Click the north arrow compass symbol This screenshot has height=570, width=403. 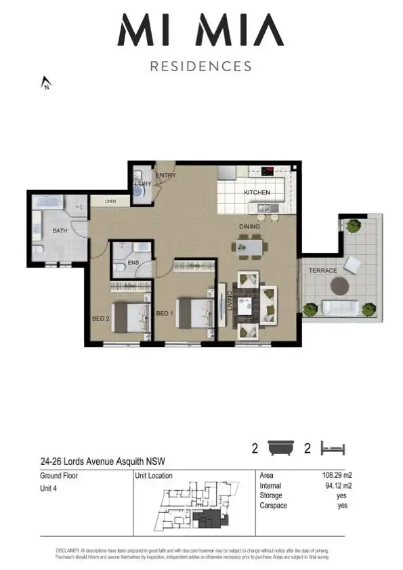point(46,83)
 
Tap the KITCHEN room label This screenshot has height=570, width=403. point(257,192)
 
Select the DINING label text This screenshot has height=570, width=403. point(251,226)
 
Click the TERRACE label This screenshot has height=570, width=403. point(323,271)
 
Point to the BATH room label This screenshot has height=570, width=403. point(60,231)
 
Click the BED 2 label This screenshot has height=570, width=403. point(102,317)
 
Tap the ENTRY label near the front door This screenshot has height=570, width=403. point(166,176)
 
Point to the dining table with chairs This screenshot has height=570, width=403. point(250,246)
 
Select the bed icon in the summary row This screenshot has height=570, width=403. point(333,448)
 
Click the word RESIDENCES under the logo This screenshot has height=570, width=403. point(200,66)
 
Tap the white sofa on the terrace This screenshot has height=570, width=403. point(341,308)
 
